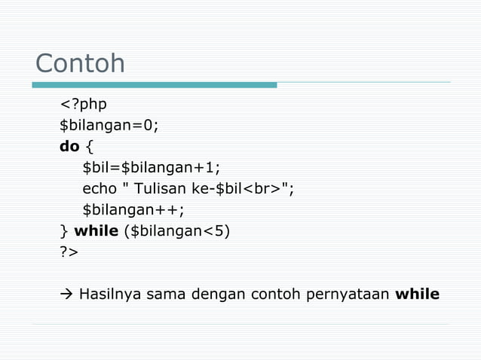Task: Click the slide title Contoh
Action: tap(80, 63)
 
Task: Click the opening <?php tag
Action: tap(84, 104)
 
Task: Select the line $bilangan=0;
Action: tap(109, 125)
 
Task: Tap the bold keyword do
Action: tap(69, 145)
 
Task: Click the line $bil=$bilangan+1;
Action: tap(152, 166)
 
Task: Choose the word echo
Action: tap(100, 188)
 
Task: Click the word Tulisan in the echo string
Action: tap(160, 188)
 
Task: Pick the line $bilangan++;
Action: tap(133, 209)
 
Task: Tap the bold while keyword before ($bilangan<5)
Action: tap(96, 230)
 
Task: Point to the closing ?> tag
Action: tap(69, 251)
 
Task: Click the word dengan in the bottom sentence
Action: tap(220, 294)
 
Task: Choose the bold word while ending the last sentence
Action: tap(417, 294)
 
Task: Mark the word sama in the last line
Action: tap(169, 294)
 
